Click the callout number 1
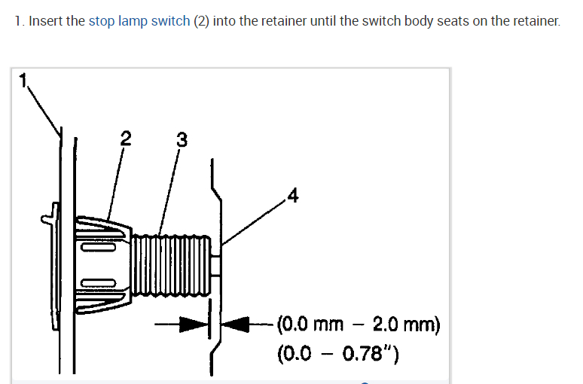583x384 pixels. pyautogui.click(x=23, y=80)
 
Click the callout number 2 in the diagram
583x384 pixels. pyautogui.click(x=125, y=138)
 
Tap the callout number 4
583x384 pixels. pyautogui.click(x=292, y=197)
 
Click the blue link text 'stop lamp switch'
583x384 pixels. pyautogui.click(x=139, y=21)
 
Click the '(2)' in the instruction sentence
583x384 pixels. pyautogui.click(x=201, y=21)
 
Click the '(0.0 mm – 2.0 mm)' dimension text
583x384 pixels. pyautogui.click(x=359, y=325)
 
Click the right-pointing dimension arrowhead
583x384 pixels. pyautogui.click(x=197, y=325)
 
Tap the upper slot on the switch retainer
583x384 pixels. pyautogui.click(x=99, y=244)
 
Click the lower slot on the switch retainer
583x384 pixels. pyautogui.click(x=99, y=282)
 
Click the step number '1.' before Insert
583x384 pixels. pyautogui.click(x=20, y=21)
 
